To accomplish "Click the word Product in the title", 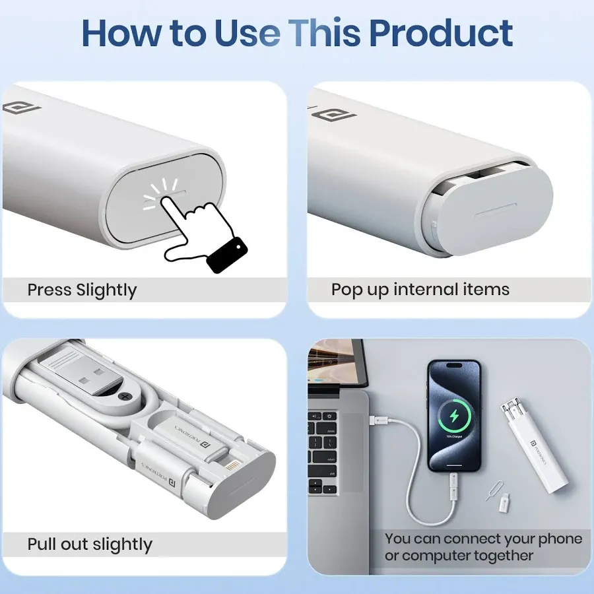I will (x=440, y=32).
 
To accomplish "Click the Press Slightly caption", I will (x=82, y=290).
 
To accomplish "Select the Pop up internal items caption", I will (x=420, y=289).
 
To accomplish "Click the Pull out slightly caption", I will (x=90, y=544).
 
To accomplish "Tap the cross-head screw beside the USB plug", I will (x=125, y=398).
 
